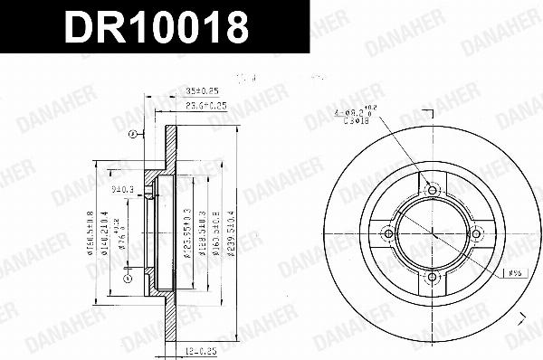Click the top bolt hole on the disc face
432,191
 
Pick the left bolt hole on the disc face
389,233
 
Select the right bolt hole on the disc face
474,233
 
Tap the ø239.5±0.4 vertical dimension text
233,233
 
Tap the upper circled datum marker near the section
131,134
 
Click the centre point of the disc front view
432,233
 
